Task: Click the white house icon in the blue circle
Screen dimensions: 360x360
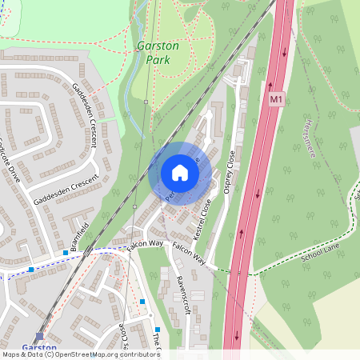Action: click(x=180, y=173)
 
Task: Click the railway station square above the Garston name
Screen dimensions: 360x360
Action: click(x=39, y=337)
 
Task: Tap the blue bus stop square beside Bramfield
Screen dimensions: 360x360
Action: click(x=66, y=253)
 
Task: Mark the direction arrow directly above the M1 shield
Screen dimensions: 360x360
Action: click(x=270, y=84)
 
